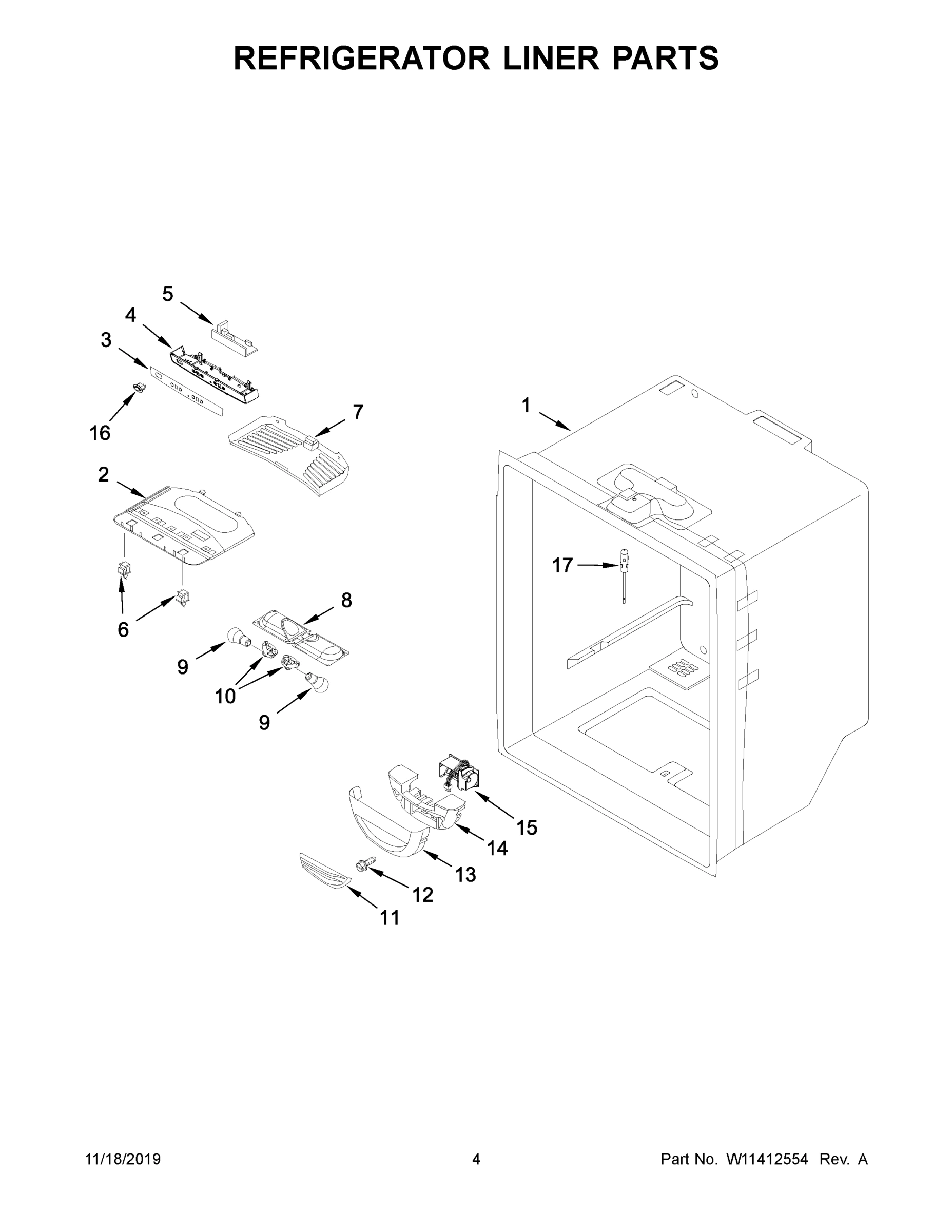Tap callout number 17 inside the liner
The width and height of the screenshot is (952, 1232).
[x=562, y=565]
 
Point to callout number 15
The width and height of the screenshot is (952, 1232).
[x=527, y=827]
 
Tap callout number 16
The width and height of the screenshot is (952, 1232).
[x=100, y=433]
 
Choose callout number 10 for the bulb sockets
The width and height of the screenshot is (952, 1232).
[x=225, y=696]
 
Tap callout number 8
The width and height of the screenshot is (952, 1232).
[x=346, y=600]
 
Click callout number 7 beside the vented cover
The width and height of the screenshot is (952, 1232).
[x=358, y=412]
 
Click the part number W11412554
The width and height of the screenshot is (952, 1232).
[x=767, y=1159]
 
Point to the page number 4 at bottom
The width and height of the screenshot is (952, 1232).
[x=476, y=1159]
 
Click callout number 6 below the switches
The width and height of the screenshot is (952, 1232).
[x=123, y=629]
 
